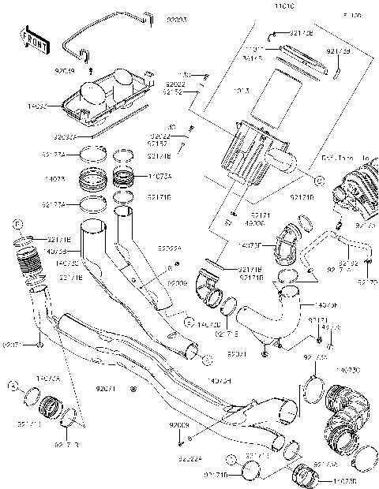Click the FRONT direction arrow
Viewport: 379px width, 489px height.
34,41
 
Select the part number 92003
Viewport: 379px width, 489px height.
176,17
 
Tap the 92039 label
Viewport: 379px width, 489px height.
65,71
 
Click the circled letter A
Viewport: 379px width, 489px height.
13,385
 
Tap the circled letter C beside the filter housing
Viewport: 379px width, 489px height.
319,181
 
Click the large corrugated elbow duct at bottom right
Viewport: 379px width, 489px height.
347,418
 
